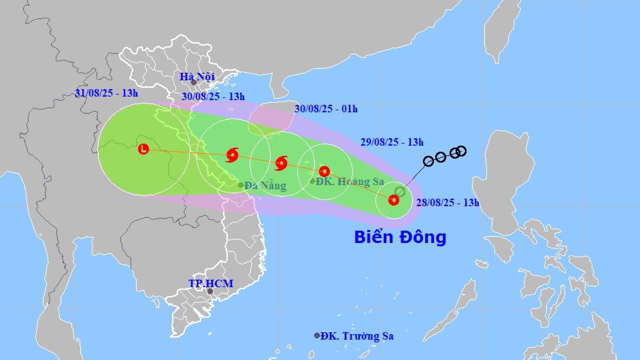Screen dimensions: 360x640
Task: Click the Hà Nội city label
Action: (x=197, y=77)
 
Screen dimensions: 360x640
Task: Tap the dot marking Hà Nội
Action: (x=194, y=83)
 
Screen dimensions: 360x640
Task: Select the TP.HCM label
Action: (x=211, y=283)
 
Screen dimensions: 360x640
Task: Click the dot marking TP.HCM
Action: (x=210, y=291)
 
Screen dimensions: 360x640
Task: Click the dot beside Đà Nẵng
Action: (x=241, y=185)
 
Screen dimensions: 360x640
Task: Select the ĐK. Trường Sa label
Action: (x=358, y=336)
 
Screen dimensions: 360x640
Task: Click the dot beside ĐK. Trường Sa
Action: (x=317, y=336)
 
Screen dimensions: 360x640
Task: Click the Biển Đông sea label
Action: (x=400, y=238)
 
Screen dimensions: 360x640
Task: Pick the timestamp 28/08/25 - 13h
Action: (x=448, y=202)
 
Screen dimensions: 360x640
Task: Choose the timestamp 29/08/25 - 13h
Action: (x=392, y=142)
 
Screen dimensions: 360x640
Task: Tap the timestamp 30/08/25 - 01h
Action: (x=326, y=109)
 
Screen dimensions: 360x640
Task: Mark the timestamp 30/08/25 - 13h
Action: (x=214, y=97)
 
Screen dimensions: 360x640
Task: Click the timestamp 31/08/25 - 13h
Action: (x=106, y=93)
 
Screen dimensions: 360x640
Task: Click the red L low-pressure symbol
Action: (x=144, y=149)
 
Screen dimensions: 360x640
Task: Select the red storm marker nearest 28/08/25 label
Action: (x=393, y=199)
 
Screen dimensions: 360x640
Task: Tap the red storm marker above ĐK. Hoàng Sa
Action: (x=324, y=171)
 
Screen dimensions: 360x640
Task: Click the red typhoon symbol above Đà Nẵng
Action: (x=232, y=155)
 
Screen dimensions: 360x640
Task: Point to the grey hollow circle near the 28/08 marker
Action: (x=400, y=192)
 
